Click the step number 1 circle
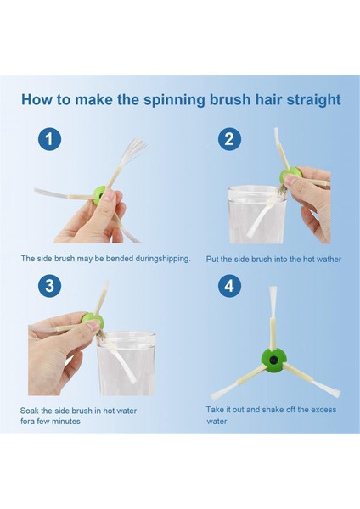tap(49, 139)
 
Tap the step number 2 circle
tap(229, 139)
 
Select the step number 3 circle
tap(49, 286)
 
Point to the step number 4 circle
tap(229, 286)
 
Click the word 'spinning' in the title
tap(174, 100)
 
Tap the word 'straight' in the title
tap(313, 100)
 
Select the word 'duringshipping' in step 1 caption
tap(162, 259)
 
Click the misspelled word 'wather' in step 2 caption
tap(329, 260)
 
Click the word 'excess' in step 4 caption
tap(323, 410)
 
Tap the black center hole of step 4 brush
tap(275, 360)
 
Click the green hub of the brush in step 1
tap(99, 196)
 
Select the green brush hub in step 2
tap(290, 176)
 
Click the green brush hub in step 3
tap(92, 320)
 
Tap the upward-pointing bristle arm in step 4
tap(273, 318)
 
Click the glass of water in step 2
tap(256, 215)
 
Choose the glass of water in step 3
tap(127, 363)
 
